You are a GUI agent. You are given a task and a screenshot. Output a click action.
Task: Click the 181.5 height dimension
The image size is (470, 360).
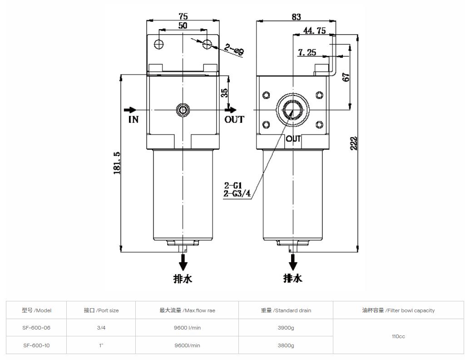point(117,163)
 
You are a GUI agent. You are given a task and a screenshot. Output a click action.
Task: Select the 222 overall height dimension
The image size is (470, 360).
point(354,143)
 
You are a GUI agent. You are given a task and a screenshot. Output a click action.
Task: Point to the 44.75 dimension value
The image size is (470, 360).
point(315,30)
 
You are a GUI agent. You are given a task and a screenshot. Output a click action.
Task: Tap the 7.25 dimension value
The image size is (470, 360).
point(307,53)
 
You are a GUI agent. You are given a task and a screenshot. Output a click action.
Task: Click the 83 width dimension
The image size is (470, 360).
point(296,17)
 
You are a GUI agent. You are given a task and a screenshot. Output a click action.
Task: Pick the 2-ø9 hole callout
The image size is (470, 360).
point(234,50)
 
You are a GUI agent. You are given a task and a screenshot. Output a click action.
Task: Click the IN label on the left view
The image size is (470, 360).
point(133,120)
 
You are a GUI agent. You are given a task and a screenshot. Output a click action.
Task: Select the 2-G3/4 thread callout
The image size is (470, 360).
point(237,194)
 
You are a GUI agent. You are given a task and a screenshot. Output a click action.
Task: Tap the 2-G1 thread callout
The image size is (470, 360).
point(233,185)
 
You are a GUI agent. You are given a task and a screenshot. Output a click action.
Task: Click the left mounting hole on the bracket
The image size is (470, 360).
point(158,44)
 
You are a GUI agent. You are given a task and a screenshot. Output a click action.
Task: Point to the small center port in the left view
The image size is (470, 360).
point(183,110)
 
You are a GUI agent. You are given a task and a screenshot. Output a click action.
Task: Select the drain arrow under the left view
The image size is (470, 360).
point(183,262)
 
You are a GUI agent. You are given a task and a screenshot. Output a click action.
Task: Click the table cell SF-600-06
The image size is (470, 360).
point(36,328)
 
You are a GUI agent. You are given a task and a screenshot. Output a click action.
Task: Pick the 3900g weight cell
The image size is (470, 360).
point(285,328)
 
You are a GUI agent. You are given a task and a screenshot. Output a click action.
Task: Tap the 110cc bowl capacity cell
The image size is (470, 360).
point(398,336)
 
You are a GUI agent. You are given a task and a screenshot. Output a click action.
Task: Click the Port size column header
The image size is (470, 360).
point(101,310)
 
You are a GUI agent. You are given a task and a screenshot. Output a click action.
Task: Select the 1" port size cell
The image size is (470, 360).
point(101,345)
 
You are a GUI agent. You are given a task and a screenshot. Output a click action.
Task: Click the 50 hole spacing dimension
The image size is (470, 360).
point(183,26)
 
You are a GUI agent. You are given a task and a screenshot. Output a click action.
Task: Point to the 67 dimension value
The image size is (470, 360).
point(346,77)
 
